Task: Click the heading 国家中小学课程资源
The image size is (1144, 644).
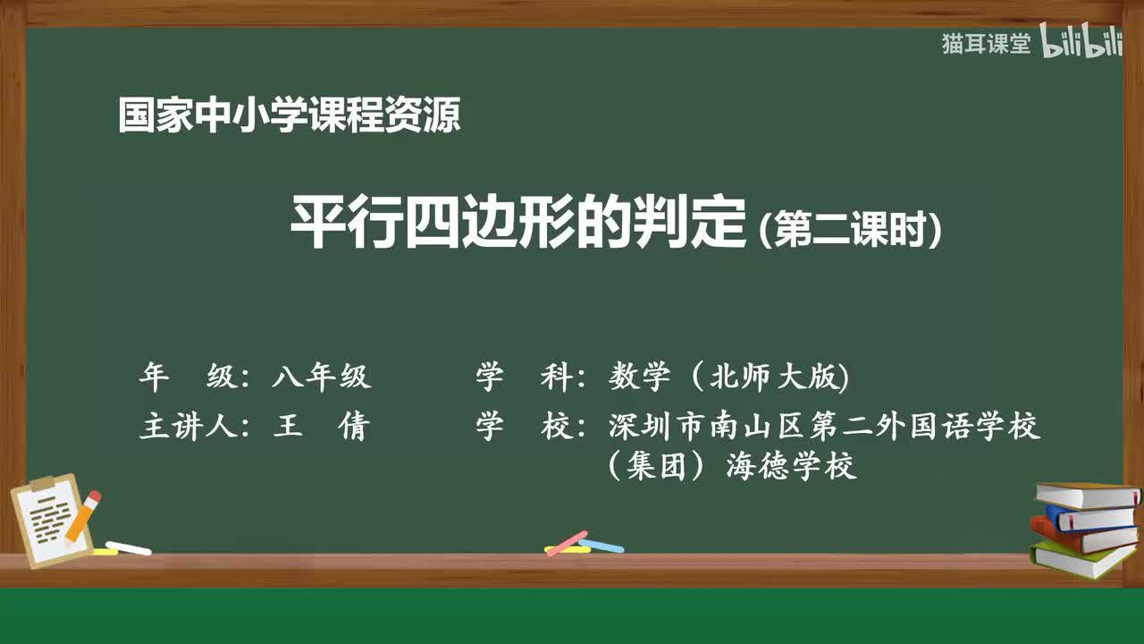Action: [x=290, y=116]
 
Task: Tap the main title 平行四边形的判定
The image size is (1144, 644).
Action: [x=518, y=224]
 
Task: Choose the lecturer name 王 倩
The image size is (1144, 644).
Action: [x=321, y=427]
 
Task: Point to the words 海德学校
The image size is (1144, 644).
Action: [x=792, y=466]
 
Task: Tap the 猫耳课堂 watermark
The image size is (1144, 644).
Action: [x=986, y=44]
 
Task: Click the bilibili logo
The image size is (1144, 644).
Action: [x=1081, y=44]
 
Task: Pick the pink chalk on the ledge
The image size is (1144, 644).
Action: [x=567, y=543]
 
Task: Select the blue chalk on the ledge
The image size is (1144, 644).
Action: [x=602, y=546]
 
